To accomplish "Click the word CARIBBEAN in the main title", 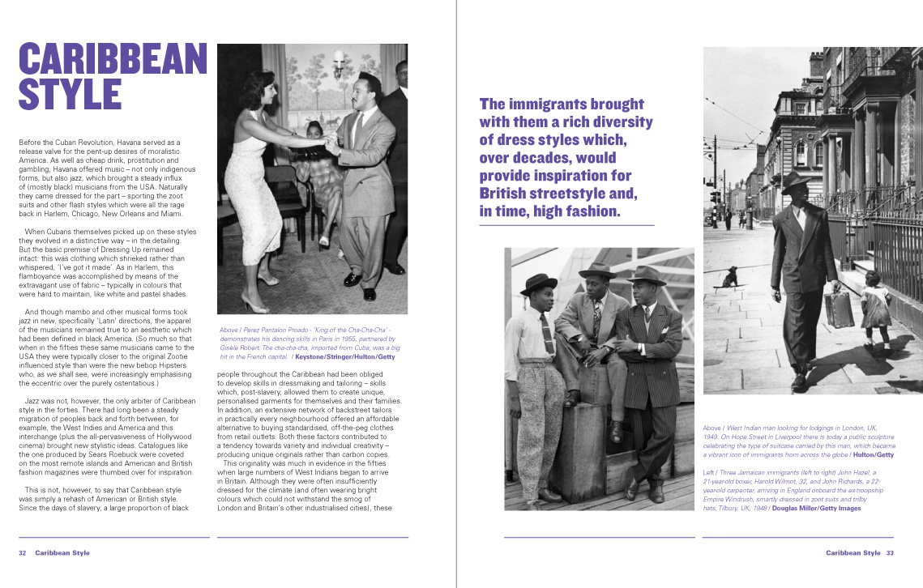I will [x=113, y=59].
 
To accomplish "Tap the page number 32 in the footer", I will [x=24, y=553].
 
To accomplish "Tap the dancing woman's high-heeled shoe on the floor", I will [x=253, y=306].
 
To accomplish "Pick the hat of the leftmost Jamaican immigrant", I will [x=537, y=284].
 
